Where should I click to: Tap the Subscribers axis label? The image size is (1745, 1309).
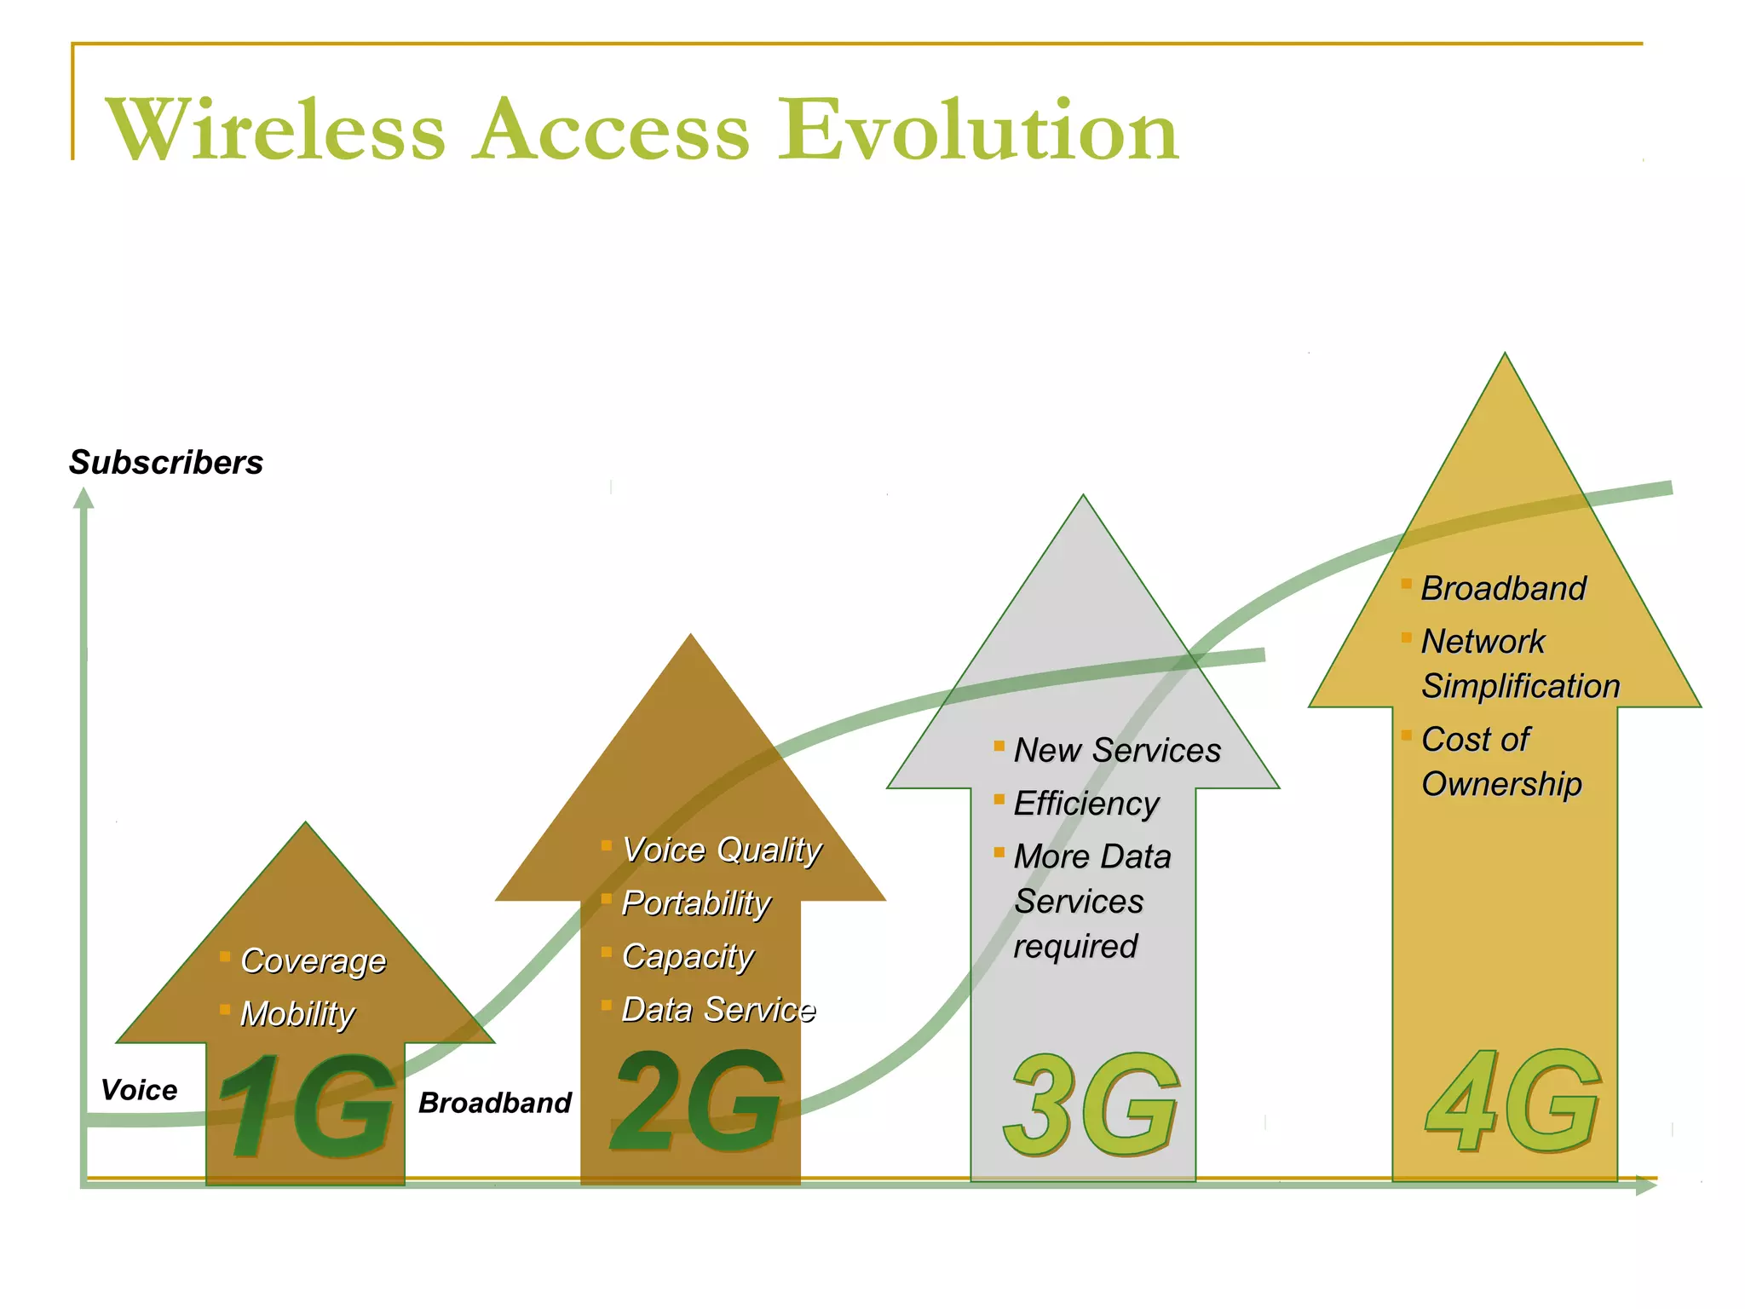point(166,463)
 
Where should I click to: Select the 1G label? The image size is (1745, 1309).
point(307,1105)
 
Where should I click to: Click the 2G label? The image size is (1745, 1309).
point(697,1101)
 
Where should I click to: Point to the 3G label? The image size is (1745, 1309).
point(1091,1105)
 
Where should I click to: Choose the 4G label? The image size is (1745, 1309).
point(1512,1101)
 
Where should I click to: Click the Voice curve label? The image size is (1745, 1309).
point(139,1090)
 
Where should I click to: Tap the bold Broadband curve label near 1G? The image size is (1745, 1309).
point(495,1103)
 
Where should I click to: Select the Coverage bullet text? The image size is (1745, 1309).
point(314,960)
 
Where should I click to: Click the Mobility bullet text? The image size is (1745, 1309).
point(297,1014)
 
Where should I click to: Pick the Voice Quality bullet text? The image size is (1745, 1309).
point(722,850)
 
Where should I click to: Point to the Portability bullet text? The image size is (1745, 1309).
point(696,903)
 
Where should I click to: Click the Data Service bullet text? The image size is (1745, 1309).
point(718,1010)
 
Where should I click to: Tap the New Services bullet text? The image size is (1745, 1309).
point(1117,750)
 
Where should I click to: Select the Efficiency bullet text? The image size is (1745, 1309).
point(1086,804)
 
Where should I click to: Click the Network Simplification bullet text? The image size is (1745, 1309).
point(1519,664)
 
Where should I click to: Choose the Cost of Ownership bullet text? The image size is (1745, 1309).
point(1500,762)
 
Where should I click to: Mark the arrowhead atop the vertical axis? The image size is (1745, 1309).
point(84,498)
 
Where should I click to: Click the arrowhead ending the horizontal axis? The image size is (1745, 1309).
point(1646,1185)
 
